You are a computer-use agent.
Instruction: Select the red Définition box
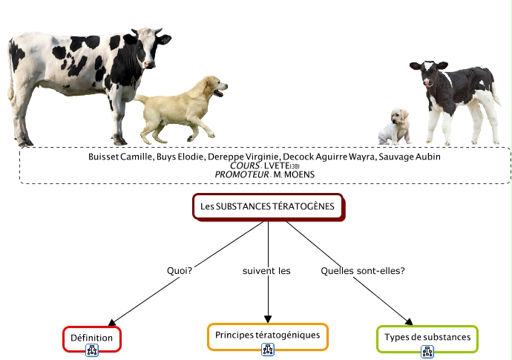(x=91, y=338)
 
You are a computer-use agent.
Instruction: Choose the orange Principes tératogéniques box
(x=267, y=336)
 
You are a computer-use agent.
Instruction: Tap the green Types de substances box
(x=427, y=338)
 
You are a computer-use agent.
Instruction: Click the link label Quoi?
(x=180, y=271)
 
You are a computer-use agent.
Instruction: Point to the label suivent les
(x=266, y=271)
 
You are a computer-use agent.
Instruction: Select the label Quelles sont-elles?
(x=363, y=271)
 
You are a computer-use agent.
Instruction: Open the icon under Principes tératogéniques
(x=267, y=349)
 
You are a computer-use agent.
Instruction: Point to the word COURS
(x=245, y=166)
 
